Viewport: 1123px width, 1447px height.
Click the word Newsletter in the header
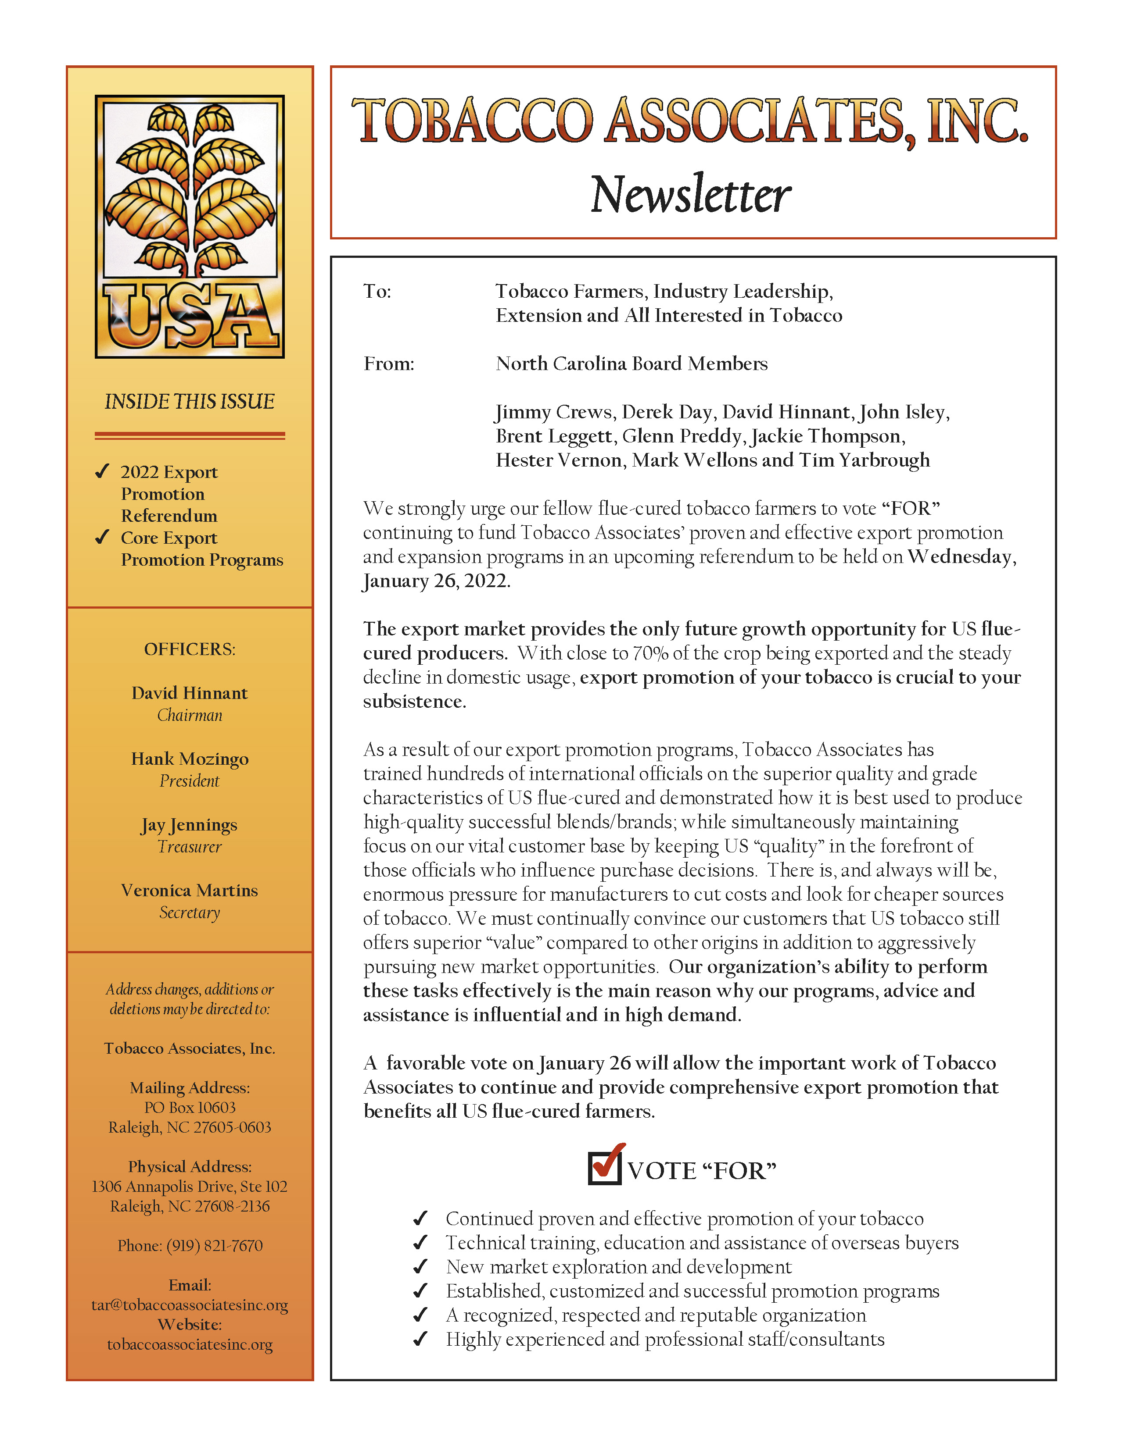pos(690,195)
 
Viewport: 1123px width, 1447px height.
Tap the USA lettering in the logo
pos(190,317)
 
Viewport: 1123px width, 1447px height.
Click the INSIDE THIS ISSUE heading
pos(190,402)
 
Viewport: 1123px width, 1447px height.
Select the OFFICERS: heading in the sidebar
pos(190,649)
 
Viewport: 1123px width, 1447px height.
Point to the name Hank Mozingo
pos(190,759)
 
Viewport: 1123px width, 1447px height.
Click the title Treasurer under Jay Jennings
pos(190,847)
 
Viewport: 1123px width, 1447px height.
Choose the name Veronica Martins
pos(190,891)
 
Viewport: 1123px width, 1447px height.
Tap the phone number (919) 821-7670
pos(214,1246)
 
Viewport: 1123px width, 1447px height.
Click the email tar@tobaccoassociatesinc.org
pos(190,1305)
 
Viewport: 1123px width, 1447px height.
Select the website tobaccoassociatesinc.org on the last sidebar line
pos(190,1345)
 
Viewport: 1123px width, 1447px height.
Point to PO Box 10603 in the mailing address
pos(190,1108)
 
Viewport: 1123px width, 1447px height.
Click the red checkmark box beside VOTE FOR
pos(605,1167)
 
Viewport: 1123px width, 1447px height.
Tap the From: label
pos(388,364)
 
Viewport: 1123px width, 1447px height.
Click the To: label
pos(377,292)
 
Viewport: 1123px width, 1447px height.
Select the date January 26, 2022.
pos(436,581)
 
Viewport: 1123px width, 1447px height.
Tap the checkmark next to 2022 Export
pos(102,472)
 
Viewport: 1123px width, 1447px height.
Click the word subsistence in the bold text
pos(414,702)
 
